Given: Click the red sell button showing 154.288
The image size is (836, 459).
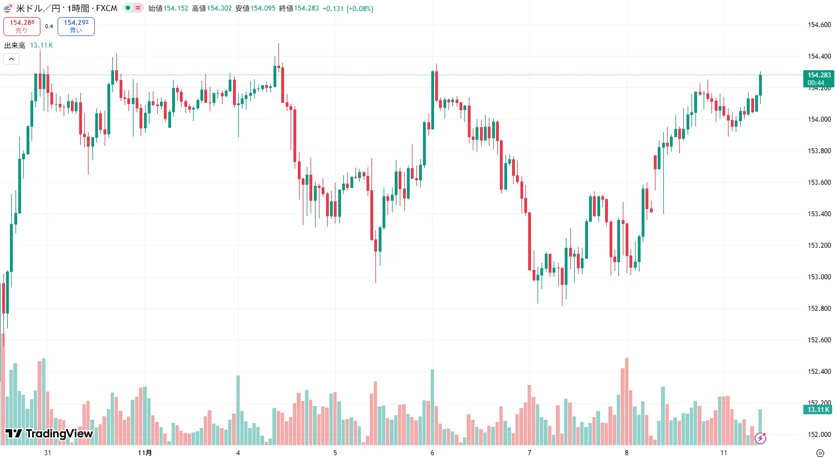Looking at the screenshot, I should click(22, 26).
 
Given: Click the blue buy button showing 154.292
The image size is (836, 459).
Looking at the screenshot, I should click(76, 26).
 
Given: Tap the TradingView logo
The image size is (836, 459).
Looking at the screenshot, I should click(49, 434).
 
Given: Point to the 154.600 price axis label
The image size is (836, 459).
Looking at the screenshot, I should click(819, 25).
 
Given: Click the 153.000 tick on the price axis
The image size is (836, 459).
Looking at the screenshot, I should click(819, 277).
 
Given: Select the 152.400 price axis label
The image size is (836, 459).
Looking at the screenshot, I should click(819, 372).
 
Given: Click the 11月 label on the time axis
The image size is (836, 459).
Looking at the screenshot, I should click(145, 453).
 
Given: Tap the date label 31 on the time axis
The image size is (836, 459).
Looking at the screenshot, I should click(48, 453).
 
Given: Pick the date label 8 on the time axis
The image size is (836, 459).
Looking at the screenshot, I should click(627, 453).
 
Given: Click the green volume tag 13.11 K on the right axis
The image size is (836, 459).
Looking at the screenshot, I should click(818, 410).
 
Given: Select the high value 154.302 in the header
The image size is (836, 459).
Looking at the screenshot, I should click(219, 8).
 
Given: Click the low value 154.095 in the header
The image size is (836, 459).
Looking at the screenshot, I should click(262, 8).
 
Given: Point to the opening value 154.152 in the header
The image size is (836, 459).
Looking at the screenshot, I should click(176, 8).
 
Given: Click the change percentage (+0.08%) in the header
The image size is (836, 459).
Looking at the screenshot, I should click(360, 8).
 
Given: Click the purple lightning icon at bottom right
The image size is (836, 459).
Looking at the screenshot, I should click(760, 438).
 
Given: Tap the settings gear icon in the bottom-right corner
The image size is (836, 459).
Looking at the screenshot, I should click(820, 453).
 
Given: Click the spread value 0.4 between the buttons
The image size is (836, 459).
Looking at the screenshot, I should click(49, 27).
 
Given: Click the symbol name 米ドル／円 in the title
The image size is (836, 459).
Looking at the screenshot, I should click(38, 8).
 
